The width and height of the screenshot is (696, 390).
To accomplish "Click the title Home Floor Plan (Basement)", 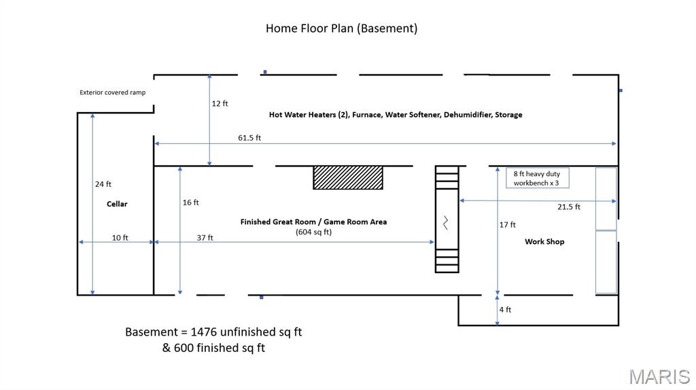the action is (341, 29).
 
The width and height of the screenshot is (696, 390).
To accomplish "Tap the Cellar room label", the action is (117, 204).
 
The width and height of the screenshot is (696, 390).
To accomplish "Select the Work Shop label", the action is (544, 242).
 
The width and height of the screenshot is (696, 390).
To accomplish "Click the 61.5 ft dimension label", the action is (249, 138).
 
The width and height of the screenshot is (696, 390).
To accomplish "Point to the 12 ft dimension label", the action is (220, 103).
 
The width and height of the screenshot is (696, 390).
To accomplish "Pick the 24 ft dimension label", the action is (103, 184).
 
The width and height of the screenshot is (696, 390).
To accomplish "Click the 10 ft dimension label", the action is (120, 238).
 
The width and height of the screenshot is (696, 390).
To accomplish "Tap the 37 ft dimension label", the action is (205, 238).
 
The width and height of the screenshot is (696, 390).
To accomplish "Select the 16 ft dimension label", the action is (191, 202).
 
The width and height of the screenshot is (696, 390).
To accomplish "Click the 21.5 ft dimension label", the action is (569, 207).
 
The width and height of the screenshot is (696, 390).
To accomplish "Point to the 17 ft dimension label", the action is (507, 225).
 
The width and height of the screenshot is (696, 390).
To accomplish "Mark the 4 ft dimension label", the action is (505, 310).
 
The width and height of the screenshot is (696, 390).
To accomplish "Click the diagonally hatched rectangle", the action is (348, 177).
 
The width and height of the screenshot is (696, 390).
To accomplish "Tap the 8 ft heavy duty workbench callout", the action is (538, 178).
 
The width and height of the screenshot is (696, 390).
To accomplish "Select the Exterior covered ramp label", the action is (113, 92).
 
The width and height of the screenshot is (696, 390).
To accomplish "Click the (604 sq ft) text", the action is (314, 232).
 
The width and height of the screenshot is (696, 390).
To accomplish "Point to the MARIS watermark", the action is (659, 377).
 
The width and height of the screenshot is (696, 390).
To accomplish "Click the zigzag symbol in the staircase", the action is (446, 223).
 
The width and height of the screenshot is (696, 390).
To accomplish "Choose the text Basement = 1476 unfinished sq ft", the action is (213, 332).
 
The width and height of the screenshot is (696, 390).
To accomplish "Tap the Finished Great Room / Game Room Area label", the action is (314, 222).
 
